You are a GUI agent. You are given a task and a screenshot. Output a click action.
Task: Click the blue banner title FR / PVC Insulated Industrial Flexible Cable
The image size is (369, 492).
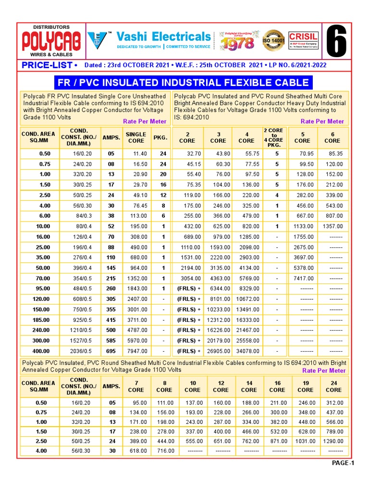click(183, 83)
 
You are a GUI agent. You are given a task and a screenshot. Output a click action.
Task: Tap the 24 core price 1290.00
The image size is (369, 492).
click(335, 441)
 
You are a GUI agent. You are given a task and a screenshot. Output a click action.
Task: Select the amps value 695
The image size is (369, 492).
click(111, 351)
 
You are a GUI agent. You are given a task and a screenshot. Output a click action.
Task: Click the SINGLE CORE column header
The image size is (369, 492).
click(136, 137)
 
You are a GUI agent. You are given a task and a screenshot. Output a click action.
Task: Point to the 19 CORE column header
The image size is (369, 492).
click(305, 387)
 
